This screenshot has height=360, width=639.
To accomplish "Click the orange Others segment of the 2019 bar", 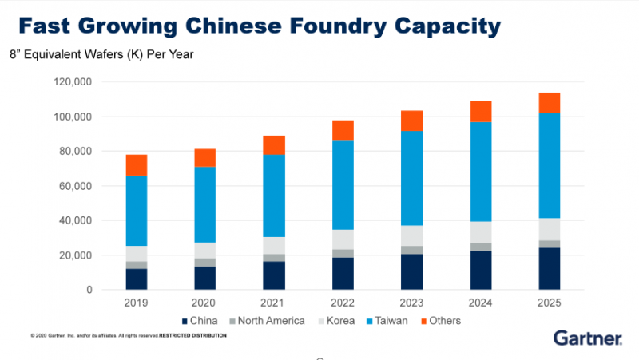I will point(137,165).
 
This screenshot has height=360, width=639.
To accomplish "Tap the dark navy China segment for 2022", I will point(343,273).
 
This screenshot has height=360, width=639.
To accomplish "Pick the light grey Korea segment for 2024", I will point(480,232).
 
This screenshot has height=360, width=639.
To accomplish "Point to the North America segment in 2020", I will point(205,262).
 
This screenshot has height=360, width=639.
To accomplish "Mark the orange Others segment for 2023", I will point(411,121).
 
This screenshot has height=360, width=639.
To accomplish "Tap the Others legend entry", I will point(442,321).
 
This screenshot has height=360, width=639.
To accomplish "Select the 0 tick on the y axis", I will point(89,290).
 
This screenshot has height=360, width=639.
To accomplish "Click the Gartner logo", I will point(588,338).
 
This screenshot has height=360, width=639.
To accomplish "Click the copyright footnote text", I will point(128,335).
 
